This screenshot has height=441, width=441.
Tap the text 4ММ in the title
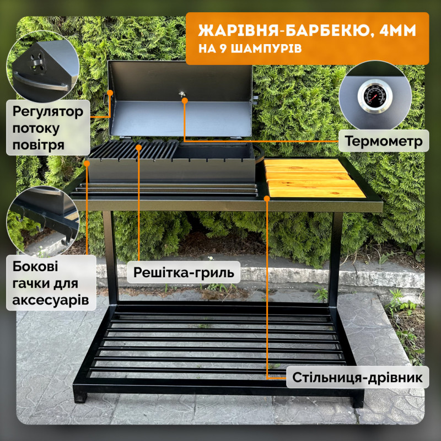click(x=397, y=30)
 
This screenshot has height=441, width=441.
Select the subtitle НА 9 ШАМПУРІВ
click(x=250, y=49)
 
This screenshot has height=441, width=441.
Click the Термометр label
click(x=384, y=141)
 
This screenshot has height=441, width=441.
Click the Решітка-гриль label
click(x=184, y=272)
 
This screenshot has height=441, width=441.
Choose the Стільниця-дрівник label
click(x=357, y=377)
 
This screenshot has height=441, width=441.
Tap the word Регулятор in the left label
click(x=48, y=111)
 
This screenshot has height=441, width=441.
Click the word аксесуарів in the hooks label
click(x=51, y=300)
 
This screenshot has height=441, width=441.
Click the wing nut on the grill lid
click(x=182, y=94)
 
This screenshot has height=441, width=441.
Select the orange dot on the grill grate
click(x=139, y=147)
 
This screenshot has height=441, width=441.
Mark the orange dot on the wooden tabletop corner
click(x=267, y=198)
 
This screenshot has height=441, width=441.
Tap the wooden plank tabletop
click(x=314, y=178)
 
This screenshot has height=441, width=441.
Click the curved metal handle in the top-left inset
click(x=40, y=82)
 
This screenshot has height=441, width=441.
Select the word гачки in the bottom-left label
click(x=30, y=283)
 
